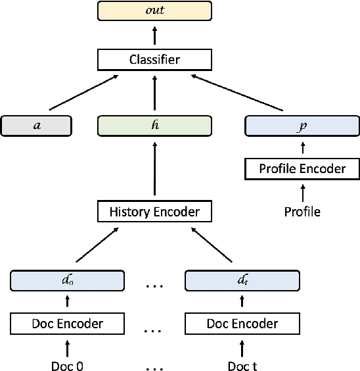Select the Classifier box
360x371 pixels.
coord(154,61)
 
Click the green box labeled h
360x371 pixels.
coord(154,125)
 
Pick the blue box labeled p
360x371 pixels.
coord(302,125)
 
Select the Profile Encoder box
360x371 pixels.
coord(302,168)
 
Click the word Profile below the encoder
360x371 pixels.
coord(302,211)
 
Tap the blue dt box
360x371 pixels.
coord(241,280)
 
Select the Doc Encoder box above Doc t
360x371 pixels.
coord(241,323)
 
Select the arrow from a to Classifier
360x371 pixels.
coord(84,93)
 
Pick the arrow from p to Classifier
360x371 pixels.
coord(241,93)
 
